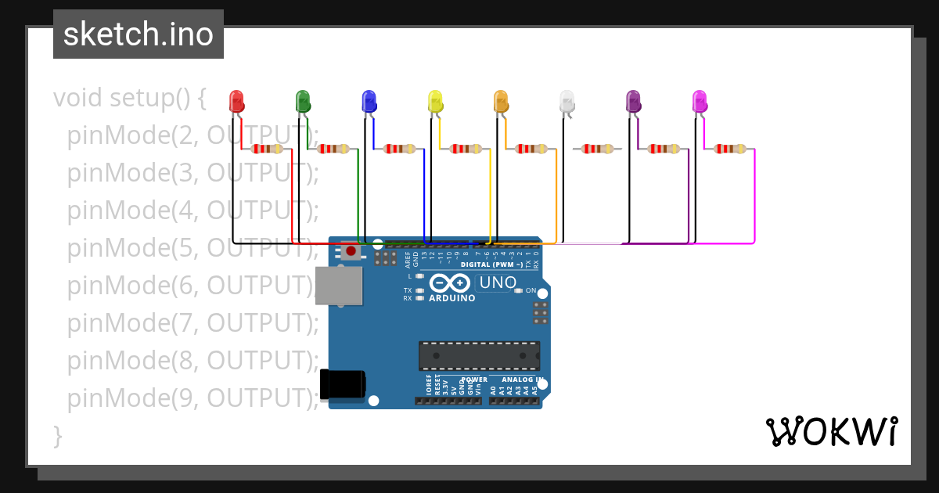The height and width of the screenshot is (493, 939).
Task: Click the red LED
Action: pyautogui.click(x=236, y=101)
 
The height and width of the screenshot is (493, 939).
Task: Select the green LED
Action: pyautogui.click(x=303, y=101)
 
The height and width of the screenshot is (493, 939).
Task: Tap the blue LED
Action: pyautogui.click(x=369, y=101)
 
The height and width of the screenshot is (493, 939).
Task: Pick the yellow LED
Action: pyautogui.click(x=435, y=101)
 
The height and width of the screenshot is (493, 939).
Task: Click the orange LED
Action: pyautogui.click(x=501, y=101)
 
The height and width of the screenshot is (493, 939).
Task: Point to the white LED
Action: pyautogui.click(x=567, y=101)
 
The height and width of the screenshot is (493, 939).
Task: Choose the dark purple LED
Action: pyautogui.click(x=633, y=101)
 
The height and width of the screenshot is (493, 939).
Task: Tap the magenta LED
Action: pyautogui.click(x=700, y=101)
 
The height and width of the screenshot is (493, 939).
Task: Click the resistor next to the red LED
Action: pyautogui.click(x=267, y=149)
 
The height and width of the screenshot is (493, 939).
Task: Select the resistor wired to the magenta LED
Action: pyautogui.click(x=729, y=149)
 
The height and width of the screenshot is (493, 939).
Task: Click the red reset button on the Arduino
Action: pyautogui.click(x=351, y=251)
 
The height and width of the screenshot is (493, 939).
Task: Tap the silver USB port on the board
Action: pyautogui.click(x=338, y=286)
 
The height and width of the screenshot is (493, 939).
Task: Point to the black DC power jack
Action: pyautogui.click(x=343, y=384)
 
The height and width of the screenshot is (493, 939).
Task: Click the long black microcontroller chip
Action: pyautogui.click(x=479, y=355)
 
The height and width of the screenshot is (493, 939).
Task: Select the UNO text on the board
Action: pyautogui.click(x=498, y=282)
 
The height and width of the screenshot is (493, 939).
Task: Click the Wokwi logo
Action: pyautogui.click(x=831, y=431)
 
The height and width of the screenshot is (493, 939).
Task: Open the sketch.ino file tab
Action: pyautogui.click(x=139, y=34)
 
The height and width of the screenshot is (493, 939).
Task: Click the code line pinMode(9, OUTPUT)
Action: pyautogui.click(x=192, y=398)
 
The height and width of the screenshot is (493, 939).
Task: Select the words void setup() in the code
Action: pyautogui.click(x=130, y=98)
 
